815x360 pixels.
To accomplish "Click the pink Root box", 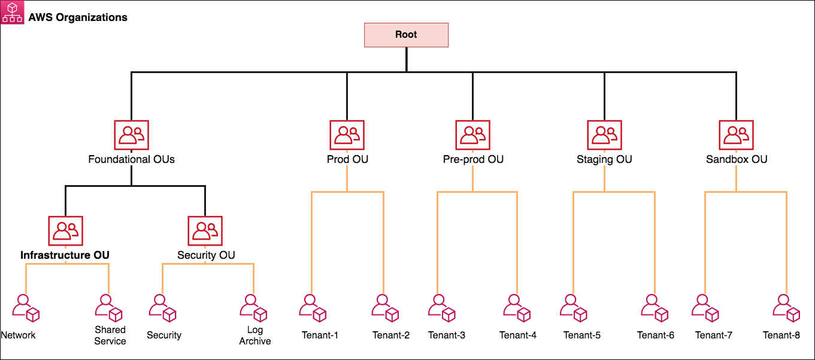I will point(406,35).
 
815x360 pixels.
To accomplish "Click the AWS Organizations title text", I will point(78,17).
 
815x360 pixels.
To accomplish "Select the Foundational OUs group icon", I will point(131,135).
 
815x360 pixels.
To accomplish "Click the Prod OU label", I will point(347,159).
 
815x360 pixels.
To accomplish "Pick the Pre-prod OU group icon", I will point(472,135).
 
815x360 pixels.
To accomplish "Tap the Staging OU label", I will point(604,159).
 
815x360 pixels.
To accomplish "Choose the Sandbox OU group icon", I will point(736,135).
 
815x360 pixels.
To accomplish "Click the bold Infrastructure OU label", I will point(65,255).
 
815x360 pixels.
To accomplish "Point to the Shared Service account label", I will point(110,335).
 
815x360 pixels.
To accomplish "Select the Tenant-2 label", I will point(391,335).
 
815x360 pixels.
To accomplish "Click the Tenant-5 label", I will point(582,335).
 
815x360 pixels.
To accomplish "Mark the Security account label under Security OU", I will point(164,335).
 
